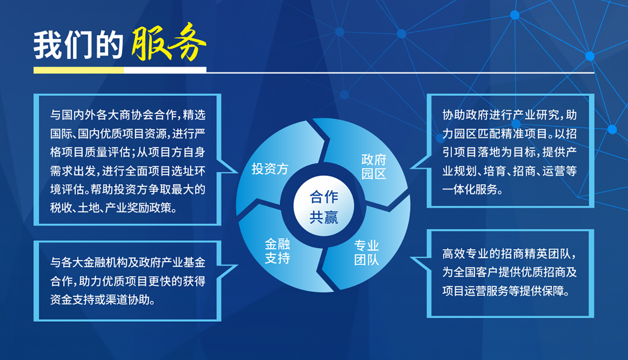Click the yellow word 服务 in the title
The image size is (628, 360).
169,42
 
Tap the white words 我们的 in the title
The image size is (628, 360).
78,45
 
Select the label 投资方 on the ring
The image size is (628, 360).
270,169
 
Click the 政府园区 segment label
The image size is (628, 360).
374,167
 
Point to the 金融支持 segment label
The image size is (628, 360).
277,251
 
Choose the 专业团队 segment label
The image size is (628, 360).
366,253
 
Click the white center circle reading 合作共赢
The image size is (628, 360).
324,206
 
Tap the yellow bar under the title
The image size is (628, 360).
78,70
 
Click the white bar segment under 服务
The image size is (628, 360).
165,70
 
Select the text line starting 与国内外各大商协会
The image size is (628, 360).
128,115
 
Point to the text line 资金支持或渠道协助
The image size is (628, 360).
102,300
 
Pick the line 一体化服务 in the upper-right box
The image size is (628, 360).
472,189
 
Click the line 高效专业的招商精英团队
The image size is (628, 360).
509,254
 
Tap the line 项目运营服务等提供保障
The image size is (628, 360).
506,291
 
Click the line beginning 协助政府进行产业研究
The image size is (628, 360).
510,115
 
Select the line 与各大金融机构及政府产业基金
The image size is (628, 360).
128,263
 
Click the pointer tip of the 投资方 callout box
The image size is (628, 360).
238,172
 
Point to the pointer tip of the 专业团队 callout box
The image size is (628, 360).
411,258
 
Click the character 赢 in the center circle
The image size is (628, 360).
331,217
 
